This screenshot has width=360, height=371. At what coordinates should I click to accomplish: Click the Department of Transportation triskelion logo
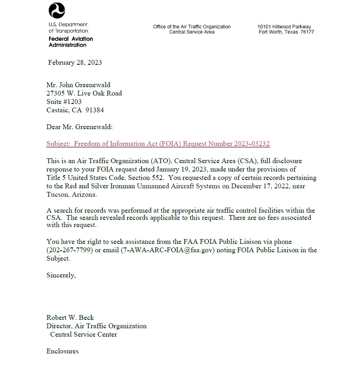pyautogui.click(x=57, y=10)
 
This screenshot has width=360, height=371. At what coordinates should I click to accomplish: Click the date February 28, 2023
pyautogui.click(x=75, y=62)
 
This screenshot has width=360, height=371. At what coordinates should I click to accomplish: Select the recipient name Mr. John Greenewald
pyautogui.click(x=78, y=85)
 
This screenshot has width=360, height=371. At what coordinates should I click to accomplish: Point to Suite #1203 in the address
pyautogui.click(x=64, y=102)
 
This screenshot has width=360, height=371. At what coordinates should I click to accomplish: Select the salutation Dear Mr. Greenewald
pyautogui.click(x=80, y=127)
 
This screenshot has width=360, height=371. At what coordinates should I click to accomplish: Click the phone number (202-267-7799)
pyautogui.click(x=70, y=250)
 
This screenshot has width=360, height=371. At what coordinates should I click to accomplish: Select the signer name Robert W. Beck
pyautogui.click(x=70, y=317)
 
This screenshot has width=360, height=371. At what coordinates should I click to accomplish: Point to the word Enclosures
pyautogui.click(x=62, y=351)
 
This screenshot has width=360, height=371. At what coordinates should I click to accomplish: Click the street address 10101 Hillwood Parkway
pyautogui.click(x=284, y=27)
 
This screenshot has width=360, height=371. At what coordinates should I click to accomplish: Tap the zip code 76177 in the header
pyautogui.click(x=307, y=32)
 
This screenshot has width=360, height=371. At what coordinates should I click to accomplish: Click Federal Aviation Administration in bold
pyautogui.click(x=71, y=42)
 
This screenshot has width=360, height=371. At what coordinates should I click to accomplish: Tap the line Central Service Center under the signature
pyautogui.click(x=84, y=334)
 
